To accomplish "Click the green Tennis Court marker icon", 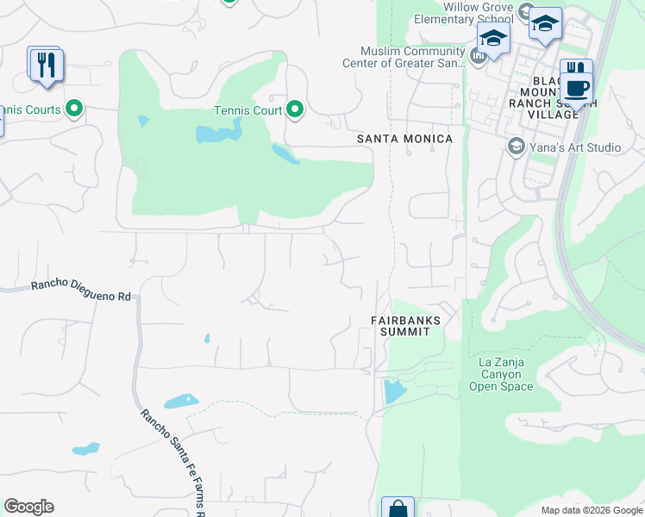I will (x=295, y=109).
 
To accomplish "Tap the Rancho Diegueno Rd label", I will (x=81, y=290).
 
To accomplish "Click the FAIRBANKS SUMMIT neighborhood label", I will (x=406, y=326).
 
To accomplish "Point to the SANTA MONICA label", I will (x=405, y=139).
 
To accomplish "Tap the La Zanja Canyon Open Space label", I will (x=501, y=375).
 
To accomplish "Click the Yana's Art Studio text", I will (x=575, y=147).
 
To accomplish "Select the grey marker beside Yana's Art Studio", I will (x=516, y=146).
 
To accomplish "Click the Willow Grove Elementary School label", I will (x=463, y=13).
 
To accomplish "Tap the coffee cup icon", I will (x=579, y=87).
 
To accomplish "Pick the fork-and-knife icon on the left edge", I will (x=46, y=65).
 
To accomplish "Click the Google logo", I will (x=28, y=507).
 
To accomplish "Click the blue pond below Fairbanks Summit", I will (x=394, y=391).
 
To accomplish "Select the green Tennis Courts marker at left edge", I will (x=73, y=109).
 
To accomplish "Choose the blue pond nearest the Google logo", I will (x=85, y=449).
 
